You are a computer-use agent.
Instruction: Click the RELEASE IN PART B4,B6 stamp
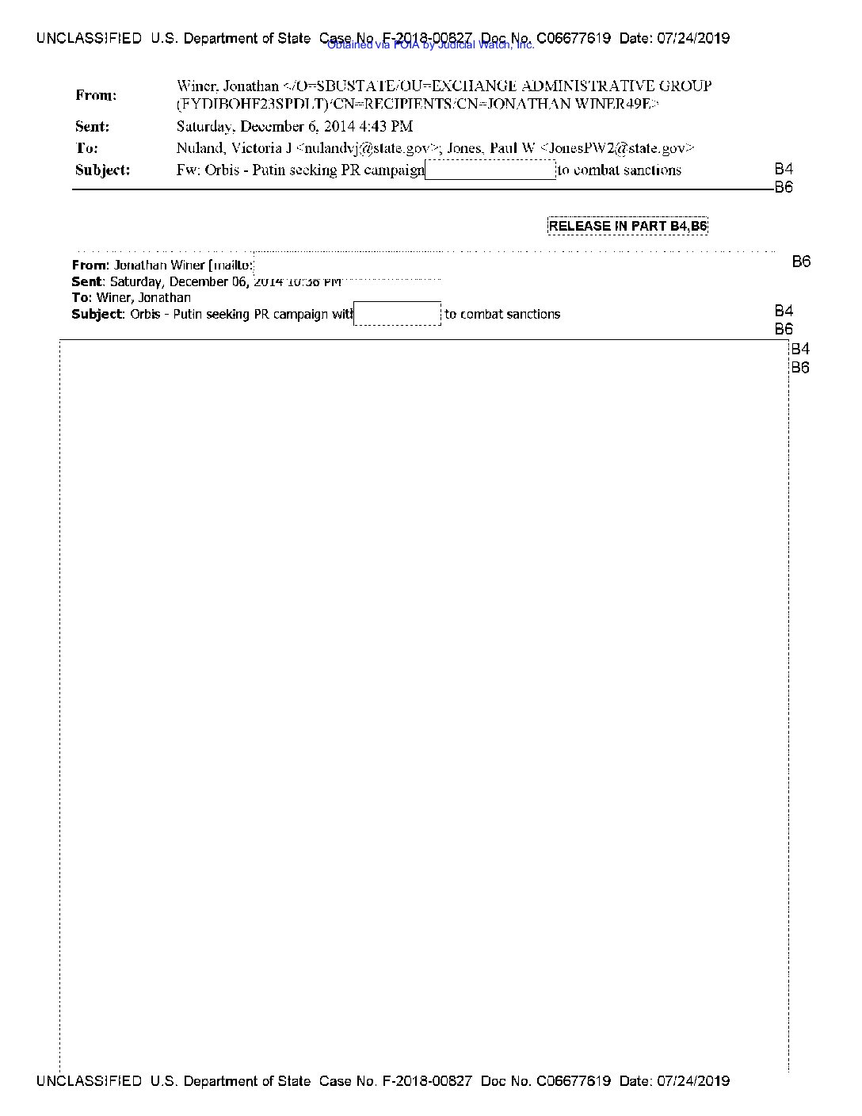[x=627, y=226]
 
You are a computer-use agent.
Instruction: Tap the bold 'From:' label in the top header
[x=96, y=95]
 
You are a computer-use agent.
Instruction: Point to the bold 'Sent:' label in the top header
[x=93, y=127]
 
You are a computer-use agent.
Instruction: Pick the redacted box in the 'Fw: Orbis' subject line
[x=490, y=170]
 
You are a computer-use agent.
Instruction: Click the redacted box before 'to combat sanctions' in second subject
[x=397, y=314]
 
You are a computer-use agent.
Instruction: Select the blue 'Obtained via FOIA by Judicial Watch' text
[x=431, y=45]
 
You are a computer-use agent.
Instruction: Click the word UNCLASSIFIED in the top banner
[x=89, y=38]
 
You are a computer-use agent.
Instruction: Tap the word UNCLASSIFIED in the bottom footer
[x=89, y=1081]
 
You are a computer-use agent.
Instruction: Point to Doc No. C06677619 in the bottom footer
[x=546, y=1081]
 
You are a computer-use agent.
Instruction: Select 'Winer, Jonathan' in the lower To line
[x=143, y=298]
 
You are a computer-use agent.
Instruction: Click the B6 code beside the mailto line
[x=801, y=262]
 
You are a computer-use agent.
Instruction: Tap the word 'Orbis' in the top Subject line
[x=222, y=170]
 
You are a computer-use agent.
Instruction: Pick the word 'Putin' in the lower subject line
[x=188, y=314]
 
